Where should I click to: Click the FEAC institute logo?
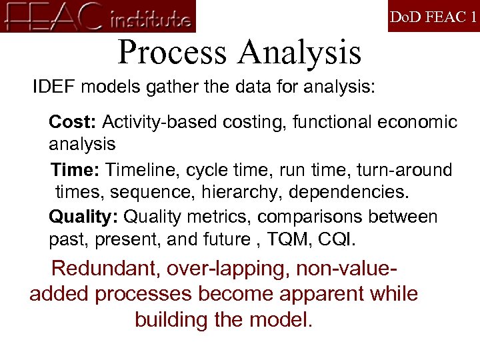tap(98, 17)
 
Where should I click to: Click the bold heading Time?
tap(75, 170)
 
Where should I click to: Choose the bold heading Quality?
tap(84, 217)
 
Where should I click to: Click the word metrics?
tap(217, 217)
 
